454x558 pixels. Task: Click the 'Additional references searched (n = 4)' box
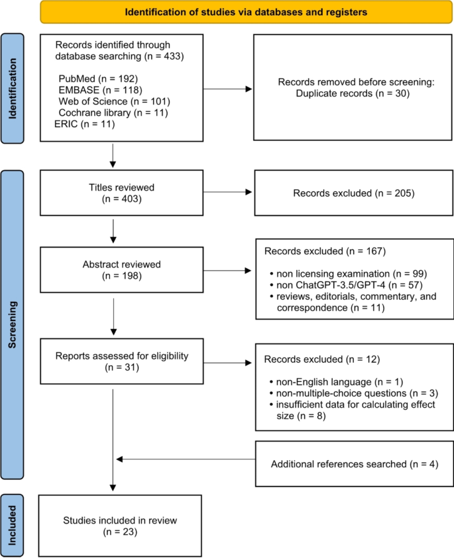(355, 464)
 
